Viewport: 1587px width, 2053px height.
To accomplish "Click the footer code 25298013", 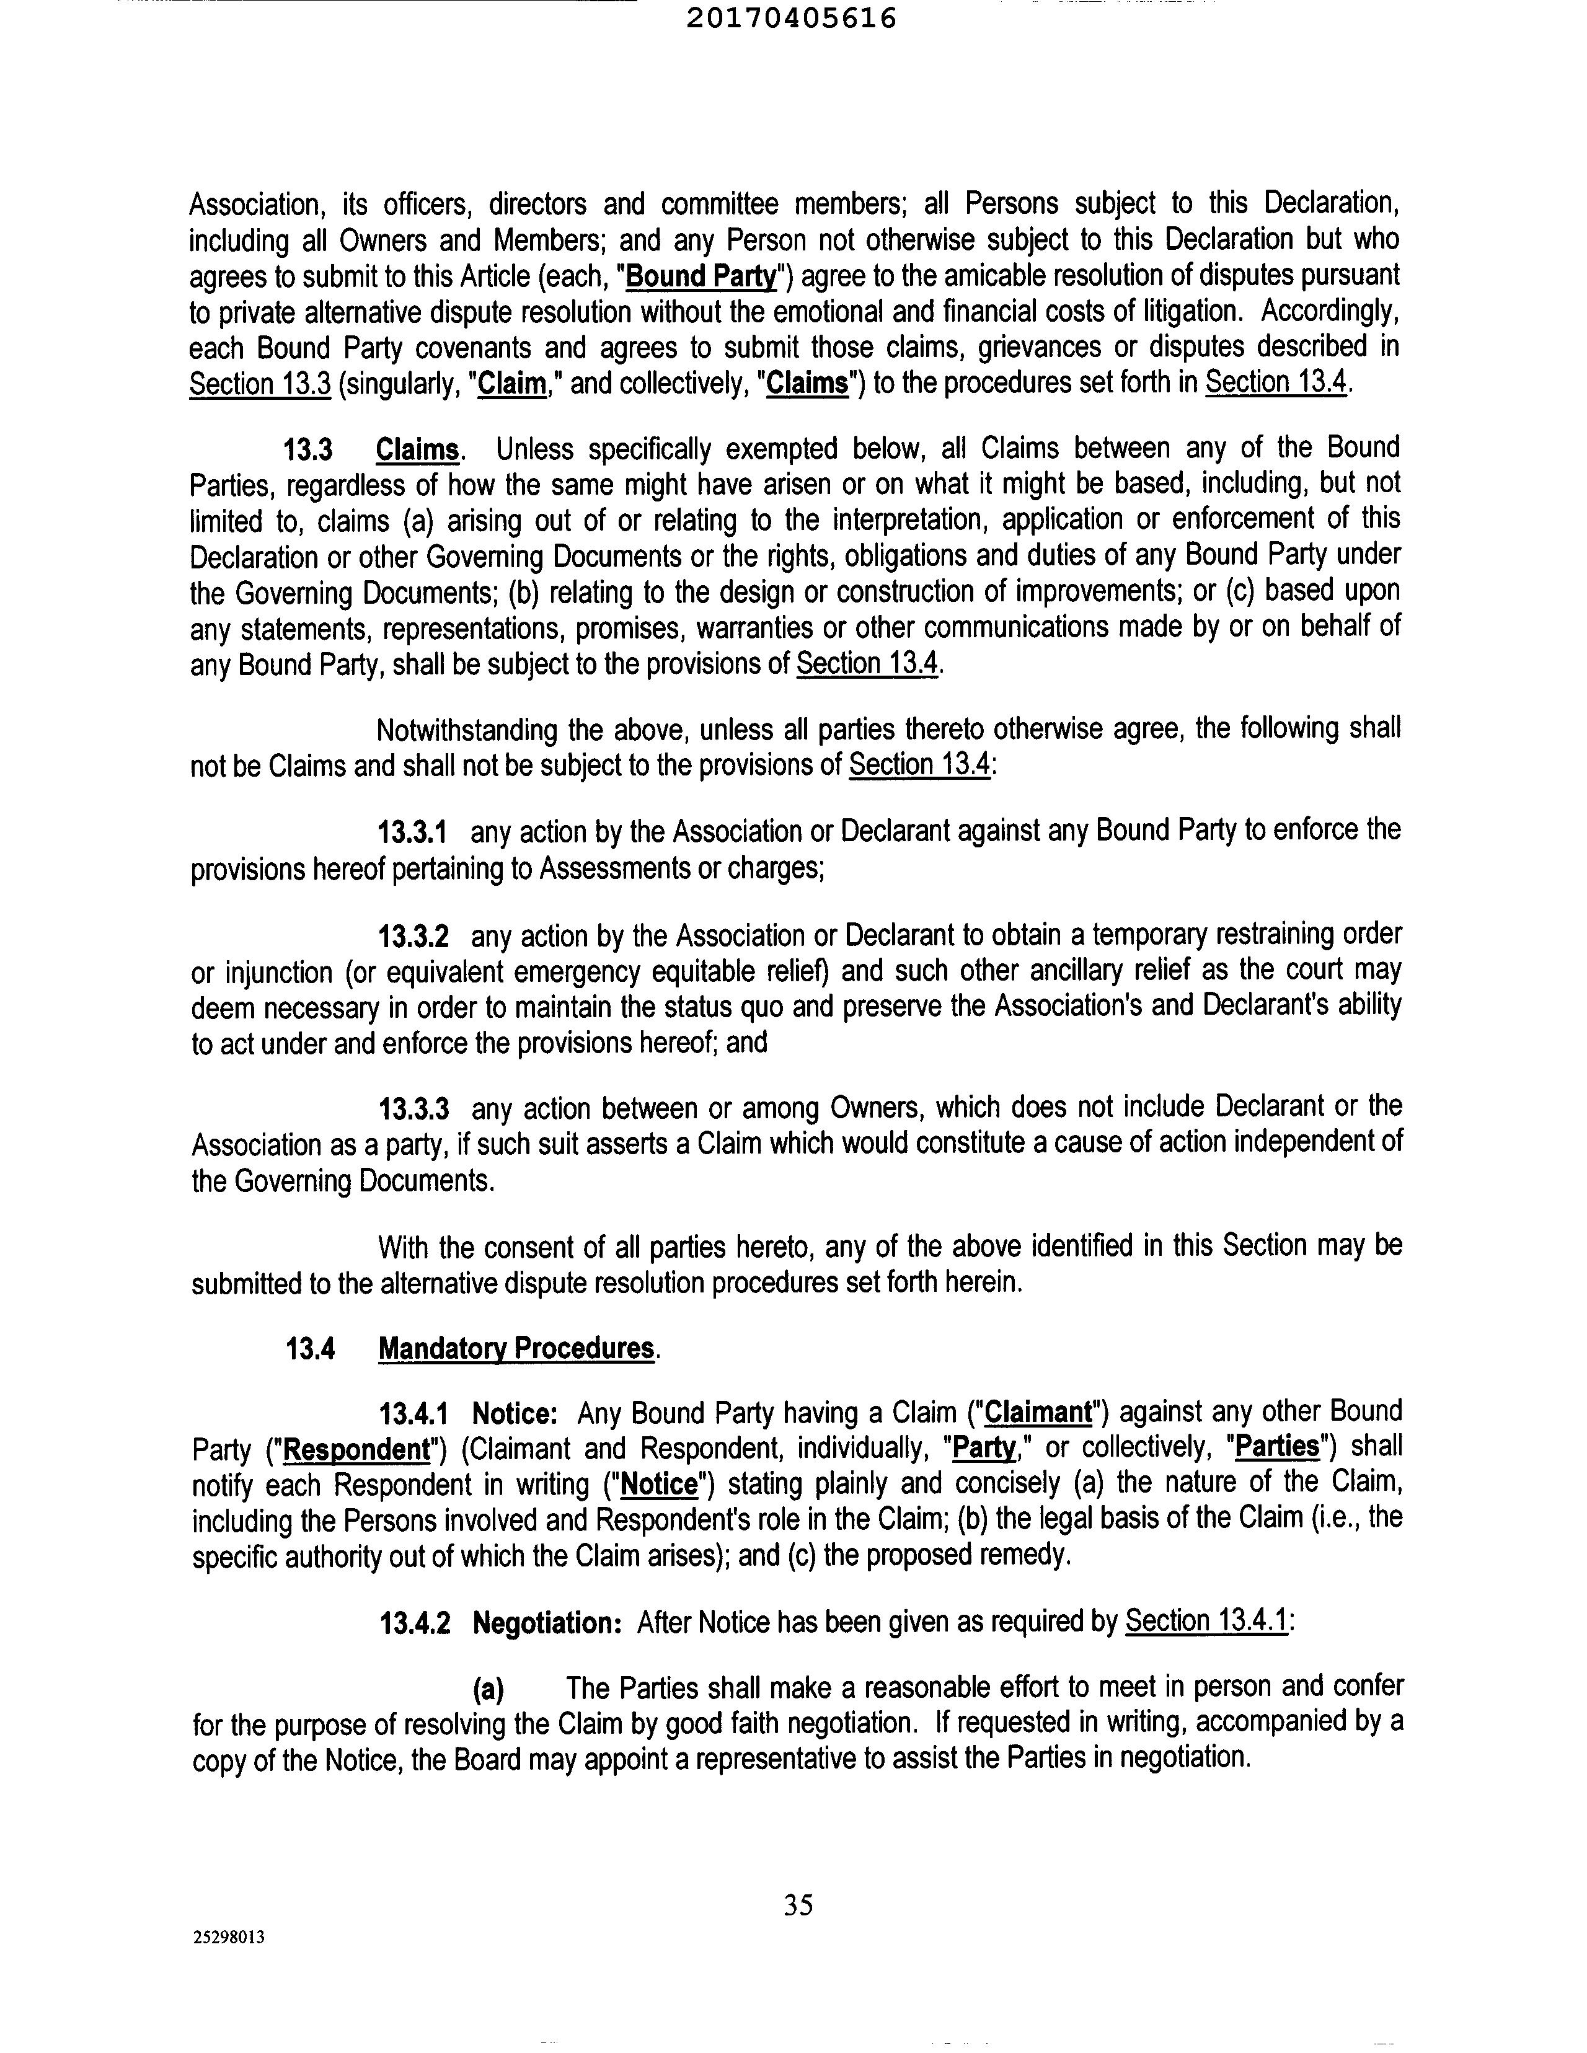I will [x=229, y=1937].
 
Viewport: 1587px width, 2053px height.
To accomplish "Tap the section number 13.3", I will [x=308, y=449].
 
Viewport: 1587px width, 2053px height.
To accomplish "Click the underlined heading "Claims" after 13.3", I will [x=417, y=449].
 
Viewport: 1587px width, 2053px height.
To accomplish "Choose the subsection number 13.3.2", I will [x=413, y=936].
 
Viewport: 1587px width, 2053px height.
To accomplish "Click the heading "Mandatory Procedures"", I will [x=516, y=1348].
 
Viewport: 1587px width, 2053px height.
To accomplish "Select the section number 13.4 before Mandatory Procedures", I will [x=310, y=1349].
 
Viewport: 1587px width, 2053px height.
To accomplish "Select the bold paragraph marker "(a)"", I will [x=488, y=1689].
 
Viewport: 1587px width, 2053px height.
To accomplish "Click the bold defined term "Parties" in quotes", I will [x=1277, y=1447].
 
